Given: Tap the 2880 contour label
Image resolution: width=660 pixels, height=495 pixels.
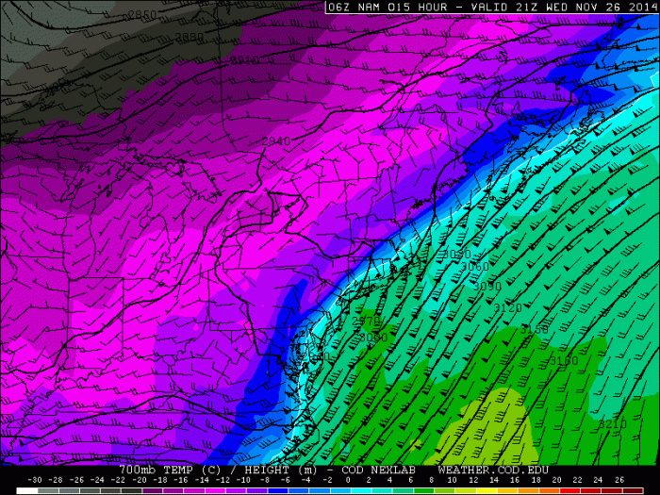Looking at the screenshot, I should (x=190, y=38).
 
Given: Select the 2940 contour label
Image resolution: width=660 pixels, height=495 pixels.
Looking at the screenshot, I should (x=276, y=141).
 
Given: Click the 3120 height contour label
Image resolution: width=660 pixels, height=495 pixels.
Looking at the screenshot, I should (x=507, y=308).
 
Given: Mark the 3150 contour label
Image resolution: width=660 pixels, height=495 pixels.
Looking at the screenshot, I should (x=534, y=330).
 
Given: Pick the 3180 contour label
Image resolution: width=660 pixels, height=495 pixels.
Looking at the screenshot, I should (x=564, y=360).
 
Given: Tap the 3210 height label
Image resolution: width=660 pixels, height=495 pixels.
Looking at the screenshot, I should (x=612, y=424).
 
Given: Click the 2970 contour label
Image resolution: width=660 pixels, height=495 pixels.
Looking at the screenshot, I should (x=365, y=322).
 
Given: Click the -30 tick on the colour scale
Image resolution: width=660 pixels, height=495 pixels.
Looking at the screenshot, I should (x=35, y=480).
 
